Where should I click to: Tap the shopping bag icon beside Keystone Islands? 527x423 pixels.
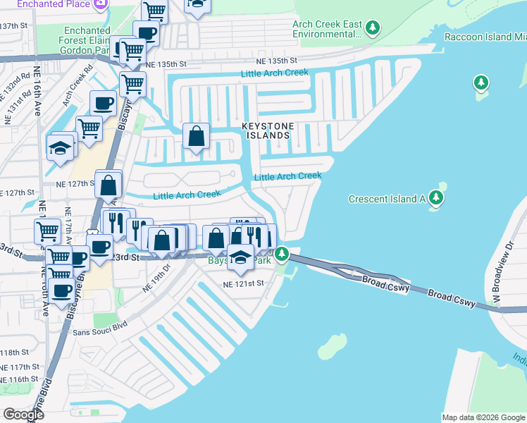tap(197, 135)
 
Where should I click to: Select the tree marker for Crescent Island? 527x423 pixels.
tap(437, 198)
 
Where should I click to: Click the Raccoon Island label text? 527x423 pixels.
tap(485, 36)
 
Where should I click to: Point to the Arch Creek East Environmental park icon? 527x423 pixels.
tap(373, 28)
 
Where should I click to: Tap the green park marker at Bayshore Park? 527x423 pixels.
tap(282, 253)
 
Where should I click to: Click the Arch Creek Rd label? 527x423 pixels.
tap(77, 87)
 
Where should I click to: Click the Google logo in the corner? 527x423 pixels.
tap(24, 414)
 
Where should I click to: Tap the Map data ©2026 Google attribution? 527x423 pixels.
tap(483, 417)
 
